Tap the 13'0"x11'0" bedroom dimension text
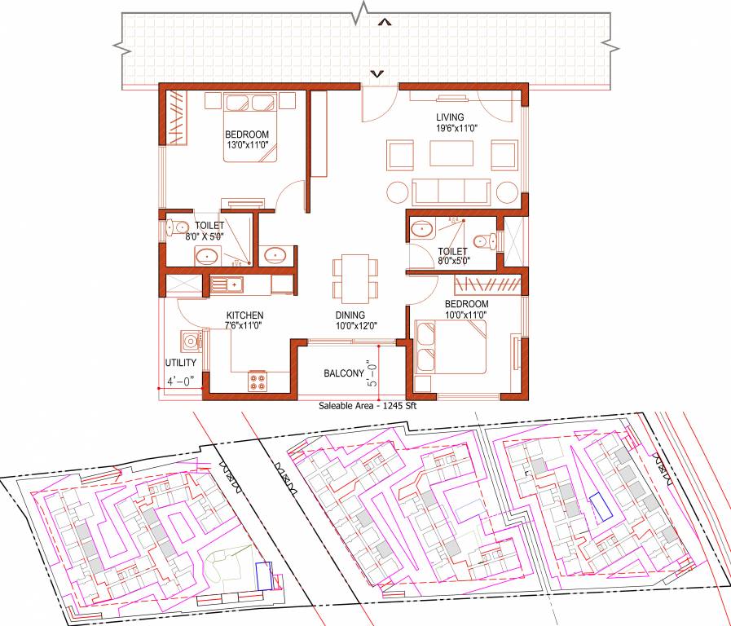click(x=247, y=146)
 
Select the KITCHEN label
click(x=244, y=315)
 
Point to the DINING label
click(x=349, y=315)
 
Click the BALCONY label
click(x=343, y=373)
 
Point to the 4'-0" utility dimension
click(x=180, y=381)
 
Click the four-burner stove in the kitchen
click(x=258, y=380)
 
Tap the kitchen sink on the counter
click(x=227, y=284)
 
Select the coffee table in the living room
click(x=451, y=154)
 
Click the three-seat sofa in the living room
click(x=451, y=192)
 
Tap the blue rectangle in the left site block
click(x=263, y=575)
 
